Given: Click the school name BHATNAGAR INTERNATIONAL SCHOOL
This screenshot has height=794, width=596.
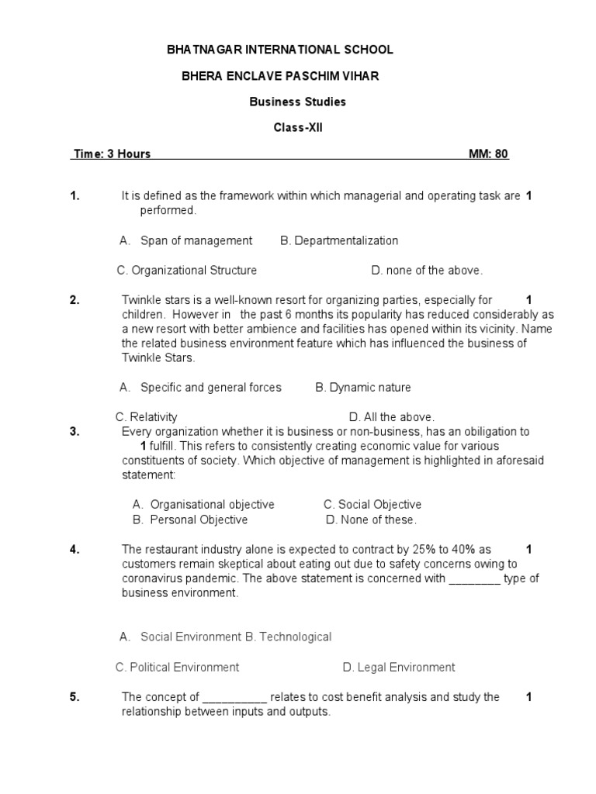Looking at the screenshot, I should [x=280, y=50].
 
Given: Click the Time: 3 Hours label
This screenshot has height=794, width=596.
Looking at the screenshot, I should [x=112, y=154].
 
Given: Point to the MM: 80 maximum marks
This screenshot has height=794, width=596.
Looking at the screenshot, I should [x=488, y=154].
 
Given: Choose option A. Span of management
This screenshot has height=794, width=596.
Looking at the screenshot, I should [x=186, y=240].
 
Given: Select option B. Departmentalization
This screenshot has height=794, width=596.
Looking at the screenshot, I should [x=339, y=240].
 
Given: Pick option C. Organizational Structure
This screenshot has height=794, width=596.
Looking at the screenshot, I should [x=186, y=271].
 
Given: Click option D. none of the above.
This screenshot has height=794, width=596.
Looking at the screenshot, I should [x=427, y=271].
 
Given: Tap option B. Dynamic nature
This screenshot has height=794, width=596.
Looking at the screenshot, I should [x=363, y=387].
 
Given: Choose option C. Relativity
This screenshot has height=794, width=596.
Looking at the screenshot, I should [x=146, y=416].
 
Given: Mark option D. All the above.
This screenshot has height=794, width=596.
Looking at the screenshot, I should [x=392, y=416].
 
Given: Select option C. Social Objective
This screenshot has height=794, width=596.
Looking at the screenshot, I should [x=372, y=505].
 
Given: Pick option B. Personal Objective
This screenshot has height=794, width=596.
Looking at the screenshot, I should [x=190, y=520].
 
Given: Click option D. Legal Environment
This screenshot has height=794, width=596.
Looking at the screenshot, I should [x=399, y=667].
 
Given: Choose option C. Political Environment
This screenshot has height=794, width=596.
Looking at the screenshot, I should [x=177, y=667].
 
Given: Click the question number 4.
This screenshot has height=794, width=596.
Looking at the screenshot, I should [x=74, y=550].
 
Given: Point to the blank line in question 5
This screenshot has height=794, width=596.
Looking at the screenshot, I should [x=234, y=697].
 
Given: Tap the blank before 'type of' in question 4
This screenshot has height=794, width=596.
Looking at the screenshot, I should [x=475, y=578].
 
